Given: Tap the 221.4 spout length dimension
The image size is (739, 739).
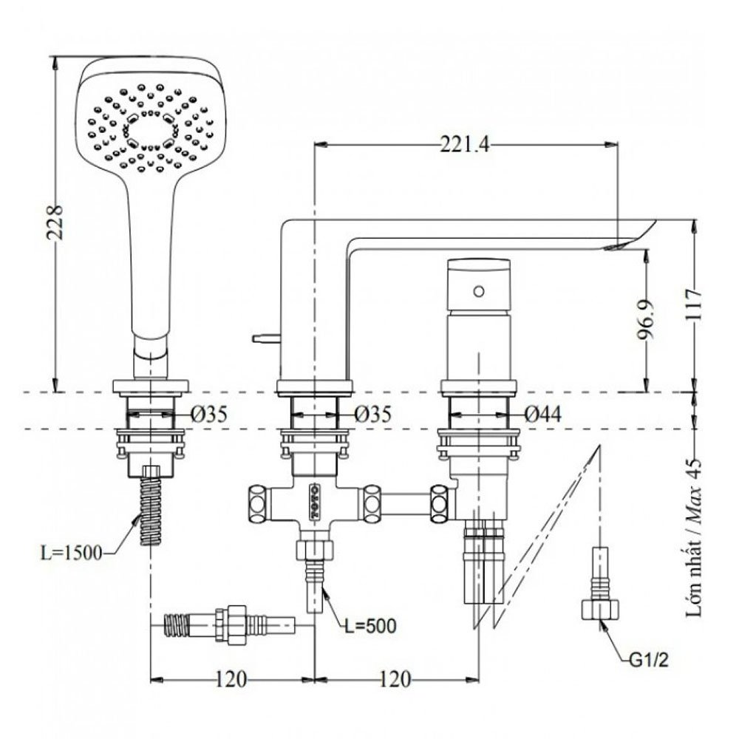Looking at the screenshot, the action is pos(465,144).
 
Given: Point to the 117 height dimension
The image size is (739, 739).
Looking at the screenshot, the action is pos(694,305).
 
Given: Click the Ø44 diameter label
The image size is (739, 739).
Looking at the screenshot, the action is pos(543,415).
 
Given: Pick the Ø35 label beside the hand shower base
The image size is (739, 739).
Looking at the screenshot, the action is pos(209,415).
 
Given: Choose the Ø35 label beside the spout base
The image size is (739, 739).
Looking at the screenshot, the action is pos(372,415).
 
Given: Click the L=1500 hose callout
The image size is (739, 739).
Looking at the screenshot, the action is pos(71,553).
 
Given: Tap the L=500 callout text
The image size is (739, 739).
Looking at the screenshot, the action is pos(370,627).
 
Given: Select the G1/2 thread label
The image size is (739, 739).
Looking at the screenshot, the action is pos(649,660).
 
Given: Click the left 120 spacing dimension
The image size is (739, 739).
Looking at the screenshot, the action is pos(231,680).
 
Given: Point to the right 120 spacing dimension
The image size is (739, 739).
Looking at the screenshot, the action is pos(395,680).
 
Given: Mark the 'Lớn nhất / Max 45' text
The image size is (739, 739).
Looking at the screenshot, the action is pos(694,537).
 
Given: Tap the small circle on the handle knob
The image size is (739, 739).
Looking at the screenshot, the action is pos(479,291).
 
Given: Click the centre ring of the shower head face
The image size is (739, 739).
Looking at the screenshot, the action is pos(150,131).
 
